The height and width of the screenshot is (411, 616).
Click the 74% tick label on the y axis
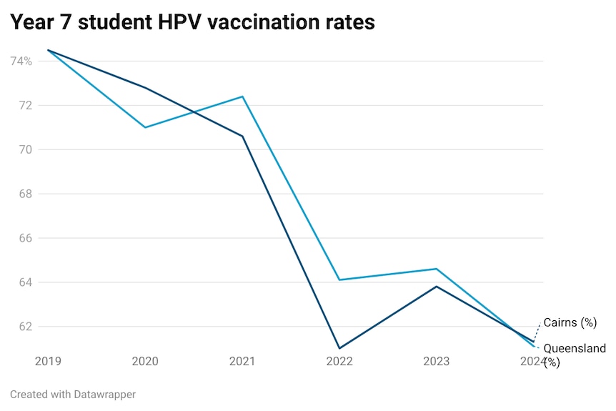tap(21, 61)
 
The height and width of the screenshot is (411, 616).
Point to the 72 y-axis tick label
tap(25, 106)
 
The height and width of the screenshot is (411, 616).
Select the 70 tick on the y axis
tap(25, 150)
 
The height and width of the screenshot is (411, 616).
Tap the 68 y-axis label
tap(25, 194)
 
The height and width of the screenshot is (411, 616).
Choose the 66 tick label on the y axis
tap(25, 238)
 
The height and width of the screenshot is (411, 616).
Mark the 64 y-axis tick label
tap(25, 282)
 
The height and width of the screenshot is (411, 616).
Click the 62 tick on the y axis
tap(25, 327)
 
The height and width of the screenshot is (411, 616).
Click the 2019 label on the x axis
tap(48, 362)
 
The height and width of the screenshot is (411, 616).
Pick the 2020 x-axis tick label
tap(145, 362)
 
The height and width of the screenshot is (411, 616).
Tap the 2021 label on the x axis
tap(242, 362)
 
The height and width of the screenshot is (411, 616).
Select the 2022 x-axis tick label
tap(339, 362)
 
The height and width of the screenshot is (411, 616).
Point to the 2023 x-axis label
tap(437, 362)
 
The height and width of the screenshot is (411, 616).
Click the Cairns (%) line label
tap(570, 323)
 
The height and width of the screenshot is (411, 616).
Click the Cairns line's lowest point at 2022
tap(339, 348)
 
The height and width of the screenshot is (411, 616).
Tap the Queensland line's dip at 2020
tap(145, 127)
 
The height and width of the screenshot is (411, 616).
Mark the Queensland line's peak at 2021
tap(242, 96)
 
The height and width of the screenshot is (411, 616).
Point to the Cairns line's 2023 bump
tap(437, 287)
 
